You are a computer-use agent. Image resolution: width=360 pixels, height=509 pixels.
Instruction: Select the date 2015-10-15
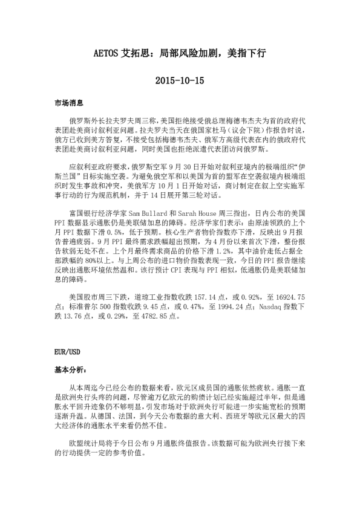coord(180,79)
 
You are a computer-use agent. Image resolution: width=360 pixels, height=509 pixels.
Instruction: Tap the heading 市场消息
coord(67,103)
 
